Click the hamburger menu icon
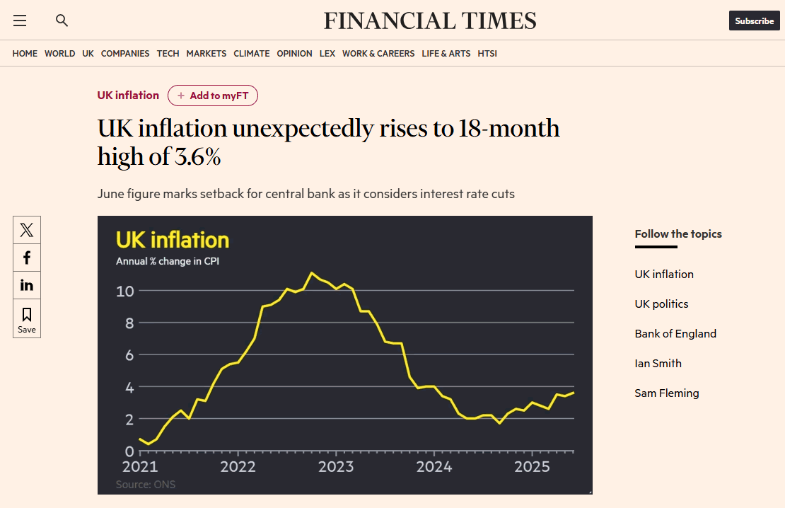20,21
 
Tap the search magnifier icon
62,21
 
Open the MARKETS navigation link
207,54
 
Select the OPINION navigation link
294,54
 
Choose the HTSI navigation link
487,54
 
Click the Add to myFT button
213,96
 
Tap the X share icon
27,230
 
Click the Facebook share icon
27,258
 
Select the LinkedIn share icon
27,285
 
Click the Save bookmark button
27,319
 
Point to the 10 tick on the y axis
125,291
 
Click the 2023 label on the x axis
336,467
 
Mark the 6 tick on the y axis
129,355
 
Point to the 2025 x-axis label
532,467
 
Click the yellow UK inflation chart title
173,240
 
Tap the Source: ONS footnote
146,485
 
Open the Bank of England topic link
675,334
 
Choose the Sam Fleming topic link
667,393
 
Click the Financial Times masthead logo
430,21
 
